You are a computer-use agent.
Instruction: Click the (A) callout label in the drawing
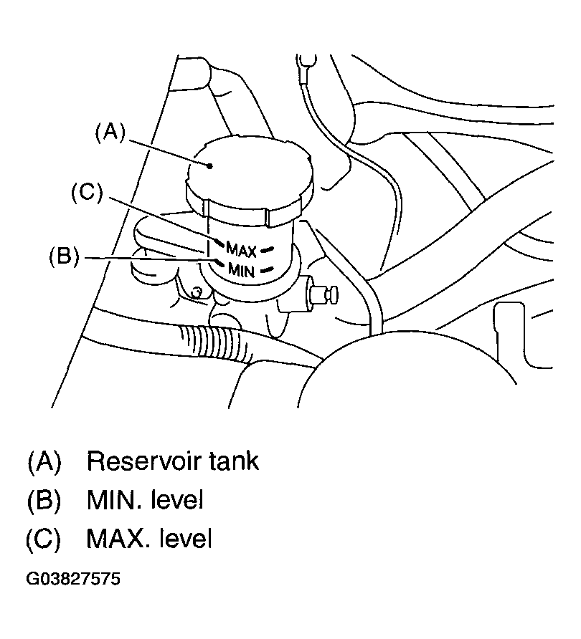[x=110, y=133]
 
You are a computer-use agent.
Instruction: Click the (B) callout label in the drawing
[x=64, y=256]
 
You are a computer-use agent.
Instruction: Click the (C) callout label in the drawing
[x=87, y=192]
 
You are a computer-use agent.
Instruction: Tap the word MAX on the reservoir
[x=241, y=250]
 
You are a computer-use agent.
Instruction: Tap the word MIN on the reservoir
[x=241, y=270]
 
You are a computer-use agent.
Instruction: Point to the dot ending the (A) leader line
[x=209, y=166]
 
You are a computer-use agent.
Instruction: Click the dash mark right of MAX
[x=268, y=249]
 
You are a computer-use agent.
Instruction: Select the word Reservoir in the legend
[x=143, y=461]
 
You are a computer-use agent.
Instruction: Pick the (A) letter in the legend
[x=44, y=462]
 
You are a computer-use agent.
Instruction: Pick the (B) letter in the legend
[x=44, y=501]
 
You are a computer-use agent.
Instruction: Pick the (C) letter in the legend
[x=43, y=539]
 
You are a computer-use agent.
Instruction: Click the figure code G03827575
[x=73, y=579]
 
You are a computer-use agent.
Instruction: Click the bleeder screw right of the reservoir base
[x=324, y=295]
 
